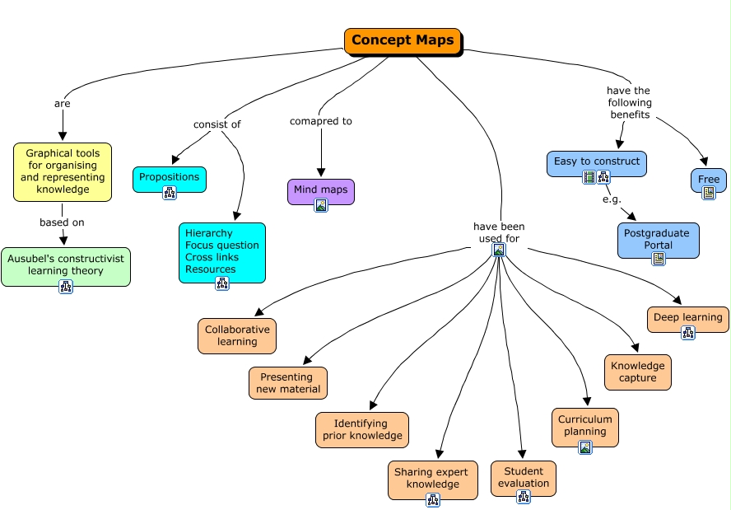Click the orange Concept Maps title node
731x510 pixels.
pos(403,41)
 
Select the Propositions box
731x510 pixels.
pos(170,179)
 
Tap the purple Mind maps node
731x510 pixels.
pos(321,191)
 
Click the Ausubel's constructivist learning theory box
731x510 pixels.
pos(66,266)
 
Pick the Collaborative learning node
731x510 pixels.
pos(237,336)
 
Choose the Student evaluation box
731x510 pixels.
pos(523,479)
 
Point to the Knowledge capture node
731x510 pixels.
pos(638,372)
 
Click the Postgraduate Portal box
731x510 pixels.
pos(659,241)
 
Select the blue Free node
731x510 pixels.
pos(709,180)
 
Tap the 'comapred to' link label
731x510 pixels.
pos(321,121)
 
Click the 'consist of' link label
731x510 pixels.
pos(217,124)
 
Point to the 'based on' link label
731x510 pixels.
pos(62,222)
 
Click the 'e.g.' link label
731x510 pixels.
pos(612,199)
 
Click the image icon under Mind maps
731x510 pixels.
pos(321,205)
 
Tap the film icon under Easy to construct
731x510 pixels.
pos(589,177)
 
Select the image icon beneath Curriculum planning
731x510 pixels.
pos(585,447)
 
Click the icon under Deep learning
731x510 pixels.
pos(688,333)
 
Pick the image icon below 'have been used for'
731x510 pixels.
pos(499,250)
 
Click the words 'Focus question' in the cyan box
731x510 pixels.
pos(222,246)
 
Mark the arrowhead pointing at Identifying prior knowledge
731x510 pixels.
pos(373,405)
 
